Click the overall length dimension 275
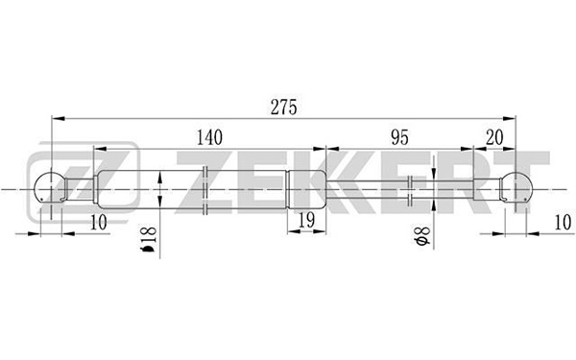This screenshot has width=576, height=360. click(x=283, y=108)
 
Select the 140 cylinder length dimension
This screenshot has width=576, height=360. click(x=209, y=137)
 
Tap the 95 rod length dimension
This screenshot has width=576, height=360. click(x=399, y=137)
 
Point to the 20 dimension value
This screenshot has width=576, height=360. click(x=494, y=137)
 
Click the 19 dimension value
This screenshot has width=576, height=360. click(x=307, y=221)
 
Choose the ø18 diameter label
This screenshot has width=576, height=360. click(x=149, y=239)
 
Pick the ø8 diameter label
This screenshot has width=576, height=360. click(x=421, y=236)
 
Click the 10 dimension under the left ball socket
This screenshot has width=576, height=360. click(x=98, y=223)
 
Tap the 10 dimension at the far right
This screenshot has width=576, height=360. click(x=563, y=223)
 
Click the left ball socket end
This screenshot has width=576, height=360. click(x=51, y=188)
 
